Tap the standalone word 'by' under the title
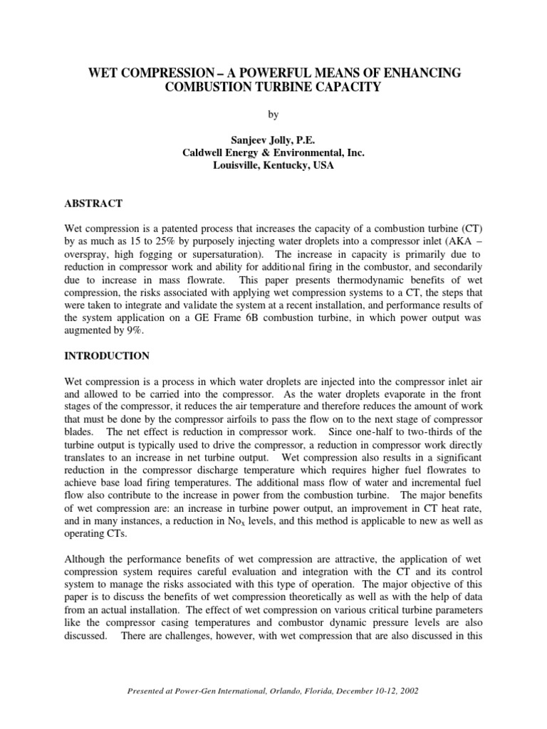tap(273, 114)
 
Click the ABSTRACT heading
tap(93, 204)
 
